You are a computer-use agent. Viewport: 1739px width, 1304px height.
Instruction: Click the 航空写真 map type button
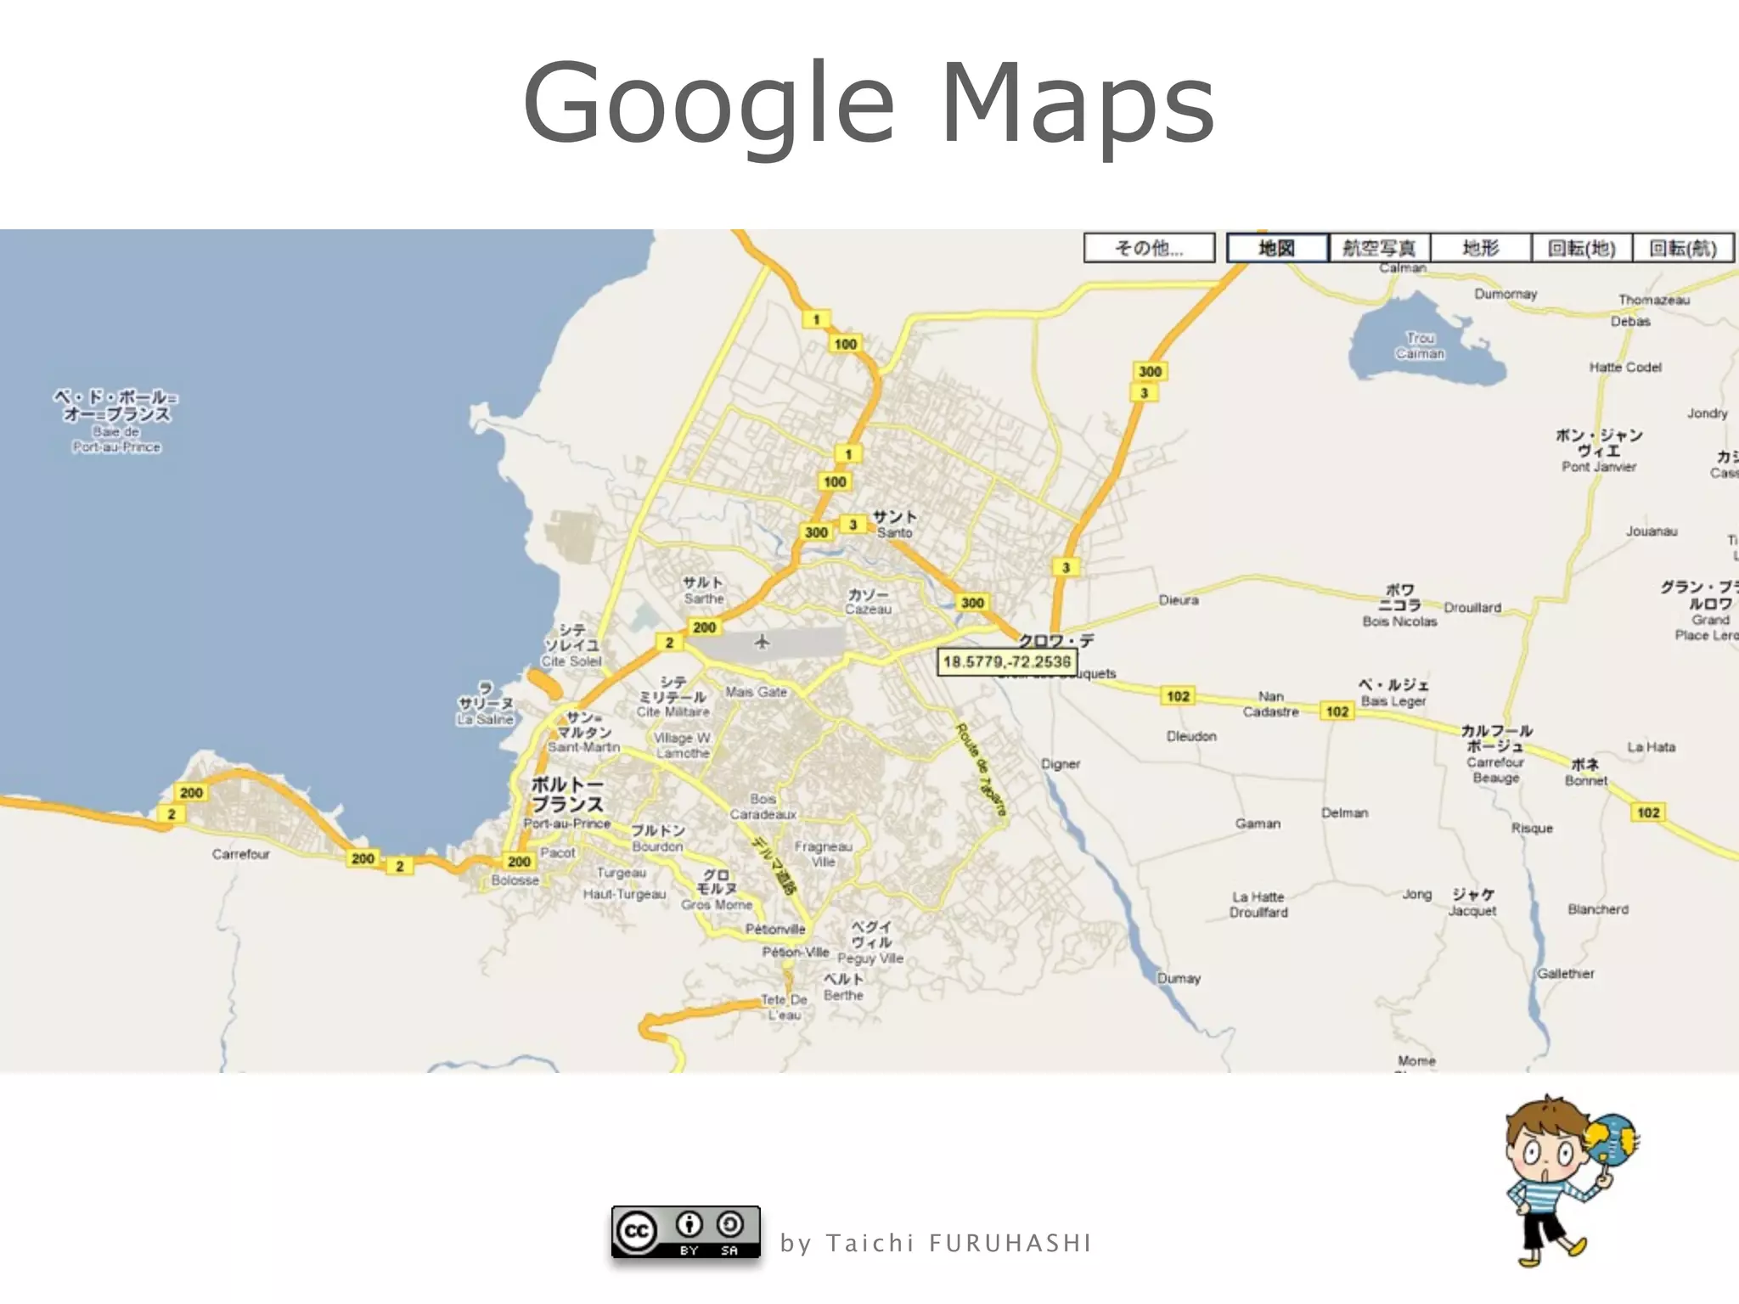(x=1379, y=248)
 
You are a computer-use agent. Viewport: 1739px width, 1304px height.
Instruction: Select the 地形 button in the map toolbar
(x=1480, y=248)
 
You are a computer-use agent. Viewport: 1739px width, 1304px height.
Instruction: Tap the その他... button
(x=1149, y=248)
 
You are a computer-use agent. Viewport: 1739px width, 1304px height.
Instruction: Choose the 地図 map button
(x=1276, y=248)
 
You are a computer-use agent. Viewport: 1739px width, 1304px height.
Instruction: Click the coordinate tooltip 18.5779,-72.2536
(x=1006, y=661)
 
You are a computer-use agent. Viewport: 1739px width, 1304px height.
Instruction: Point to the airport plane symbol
(x=762, y=642)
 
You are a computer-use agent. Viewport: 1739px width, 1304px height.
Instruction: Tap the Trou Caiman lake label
(x=1420, y=346)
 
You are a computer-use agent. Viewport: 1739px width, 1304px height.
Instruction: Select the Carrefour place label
(x=240, y=854)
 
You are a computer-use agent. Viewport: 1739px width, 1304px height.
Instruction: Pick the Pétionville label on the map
(x=775, y=929)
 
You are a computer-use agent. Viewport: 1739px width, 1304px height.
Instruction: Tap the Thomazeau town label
(x=1653, y=300)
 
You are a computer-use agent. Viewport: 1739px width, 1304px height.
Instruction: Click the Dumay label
(x=1179, y=978)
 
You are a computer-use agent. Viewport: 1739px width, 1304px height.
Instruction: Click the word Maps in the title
(x=1078, y=103)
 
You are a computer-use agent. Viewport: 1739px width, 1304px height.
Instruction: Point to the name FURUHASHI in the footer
(x=1010, y=1244)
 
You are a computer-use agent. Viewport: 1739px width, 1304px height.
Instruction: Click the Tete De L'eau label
(x=784, y=1007)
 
